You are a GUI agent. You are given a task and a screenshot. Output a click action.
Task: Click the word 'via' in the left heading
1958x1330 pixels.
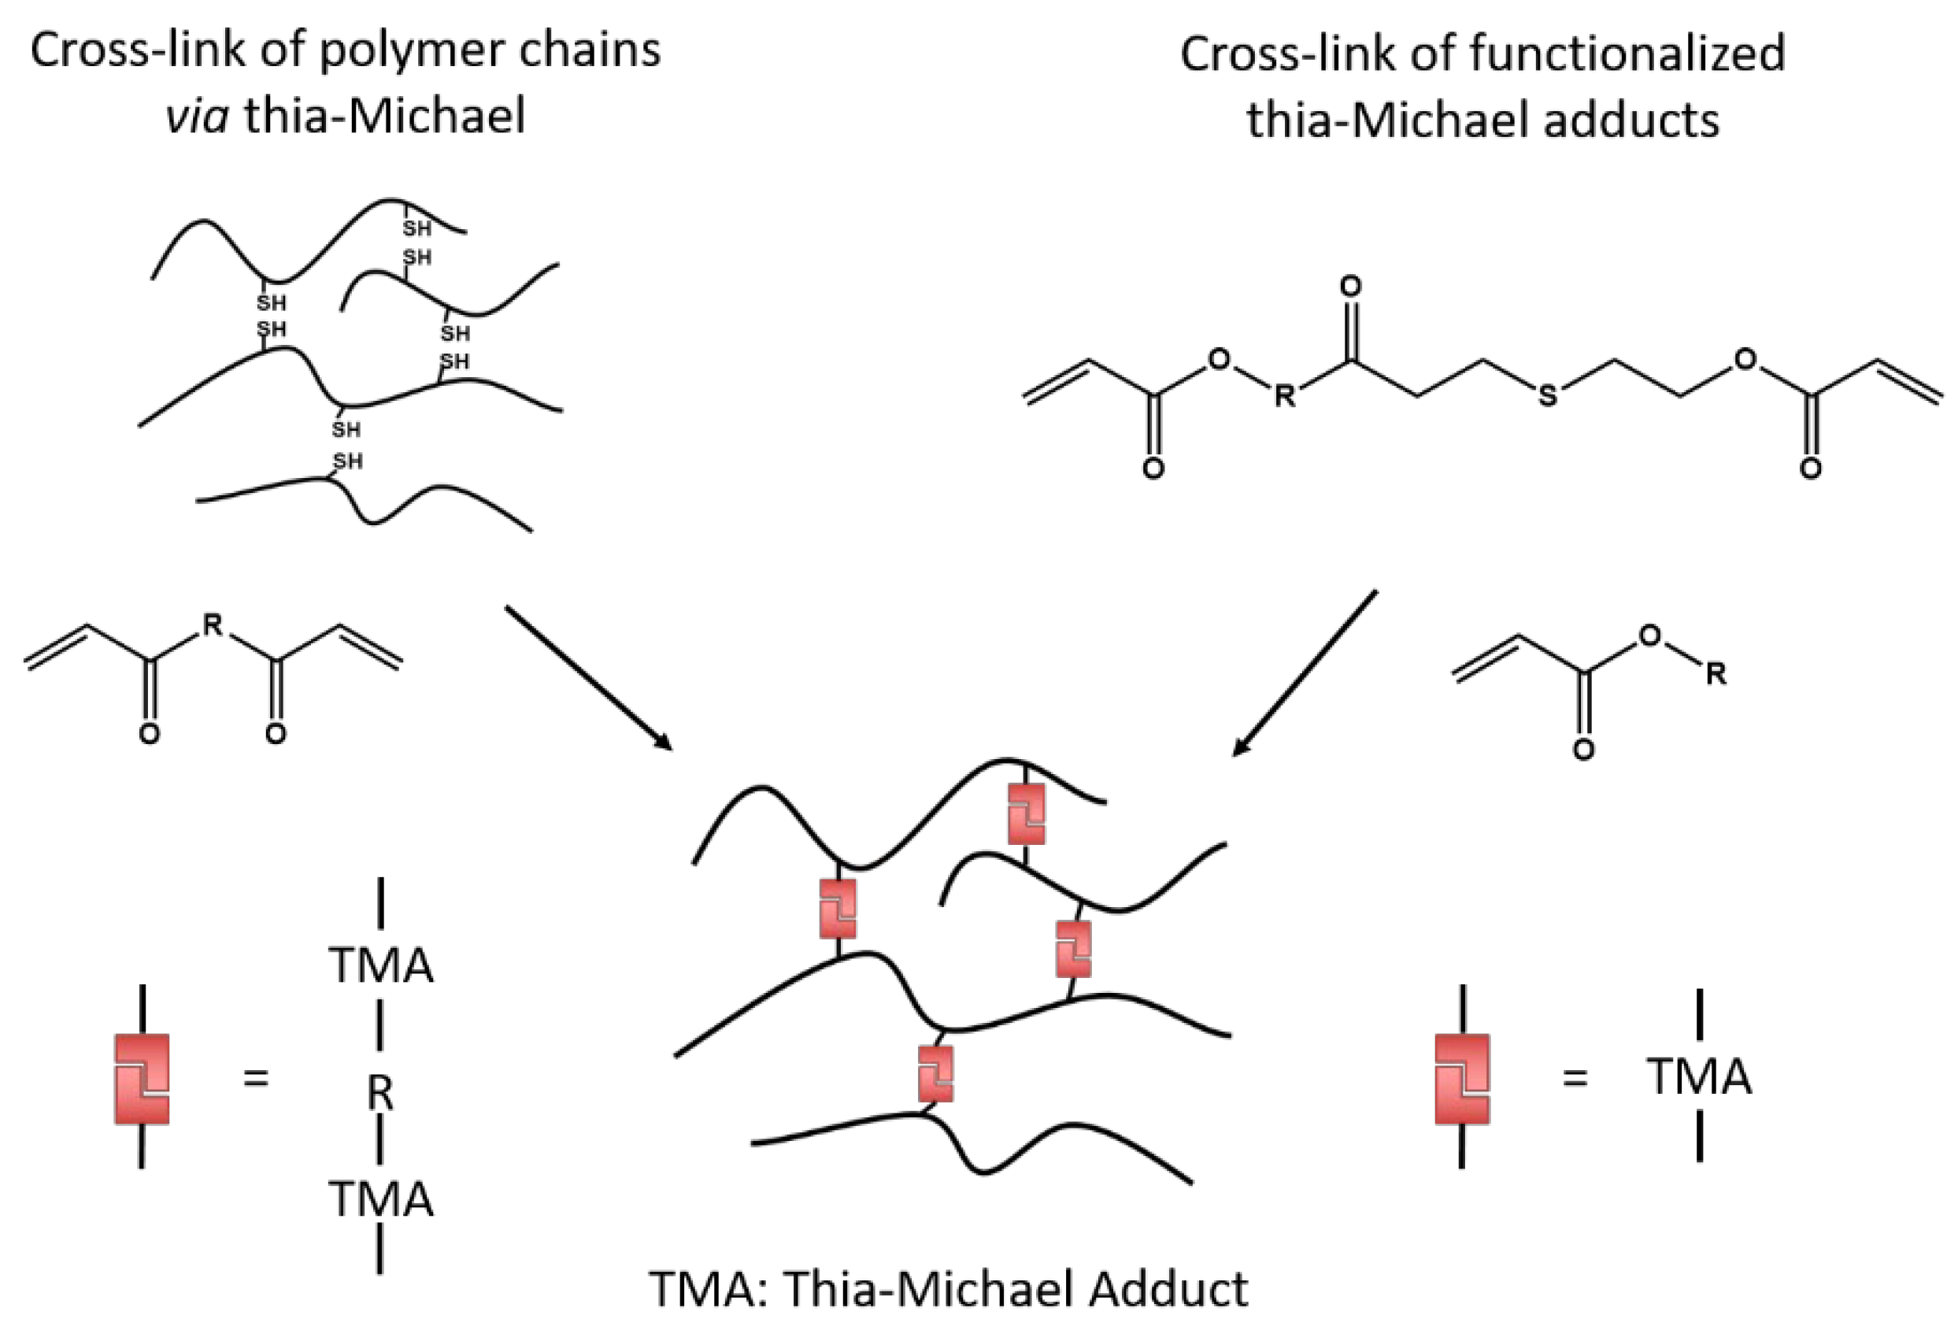[197, 116]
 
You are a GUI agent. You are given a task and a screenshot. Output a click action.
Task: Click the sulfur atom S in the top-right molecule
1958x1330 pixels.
[1547, 395]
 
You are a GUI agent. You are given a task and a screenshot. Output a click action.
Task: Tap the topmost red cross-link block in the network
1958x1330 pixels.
[1026, 813]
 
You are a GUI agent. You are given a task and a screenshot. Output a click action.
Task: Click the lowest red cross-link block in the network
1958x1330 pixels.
[935, 1074]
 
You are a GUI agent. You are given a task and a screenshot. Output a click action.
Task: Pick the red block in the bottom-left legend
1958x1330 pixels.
[142, 1079]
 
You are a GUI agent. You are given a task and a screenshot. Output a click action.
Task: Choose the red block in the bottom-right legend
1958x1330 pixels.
[1462, 1079]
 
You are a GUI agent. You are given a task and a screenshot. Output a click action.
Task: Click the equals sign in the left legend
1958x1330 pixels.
[255, 1078]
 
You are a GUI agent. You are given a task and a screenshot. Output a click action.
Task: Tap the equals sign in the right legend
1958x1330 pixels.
[1575, 1078]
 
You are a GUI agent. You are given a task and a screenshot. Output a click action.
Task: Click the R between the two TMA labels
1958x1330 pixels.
[380, 1094]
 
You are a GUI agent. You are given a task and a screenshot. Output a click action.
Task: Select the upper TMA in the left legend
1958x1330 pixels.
[381, 965]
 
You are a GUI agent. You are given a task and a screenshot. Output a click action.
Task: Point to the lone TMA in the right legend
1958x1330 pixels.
[1698, 1077]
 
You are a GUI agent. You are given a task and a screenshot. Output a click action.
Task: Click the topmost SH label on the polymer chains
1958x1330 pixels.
[416, 228]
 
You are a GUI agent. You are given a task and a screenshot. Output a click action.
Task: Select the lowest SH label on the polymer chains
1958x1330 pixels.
[347, 461]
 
